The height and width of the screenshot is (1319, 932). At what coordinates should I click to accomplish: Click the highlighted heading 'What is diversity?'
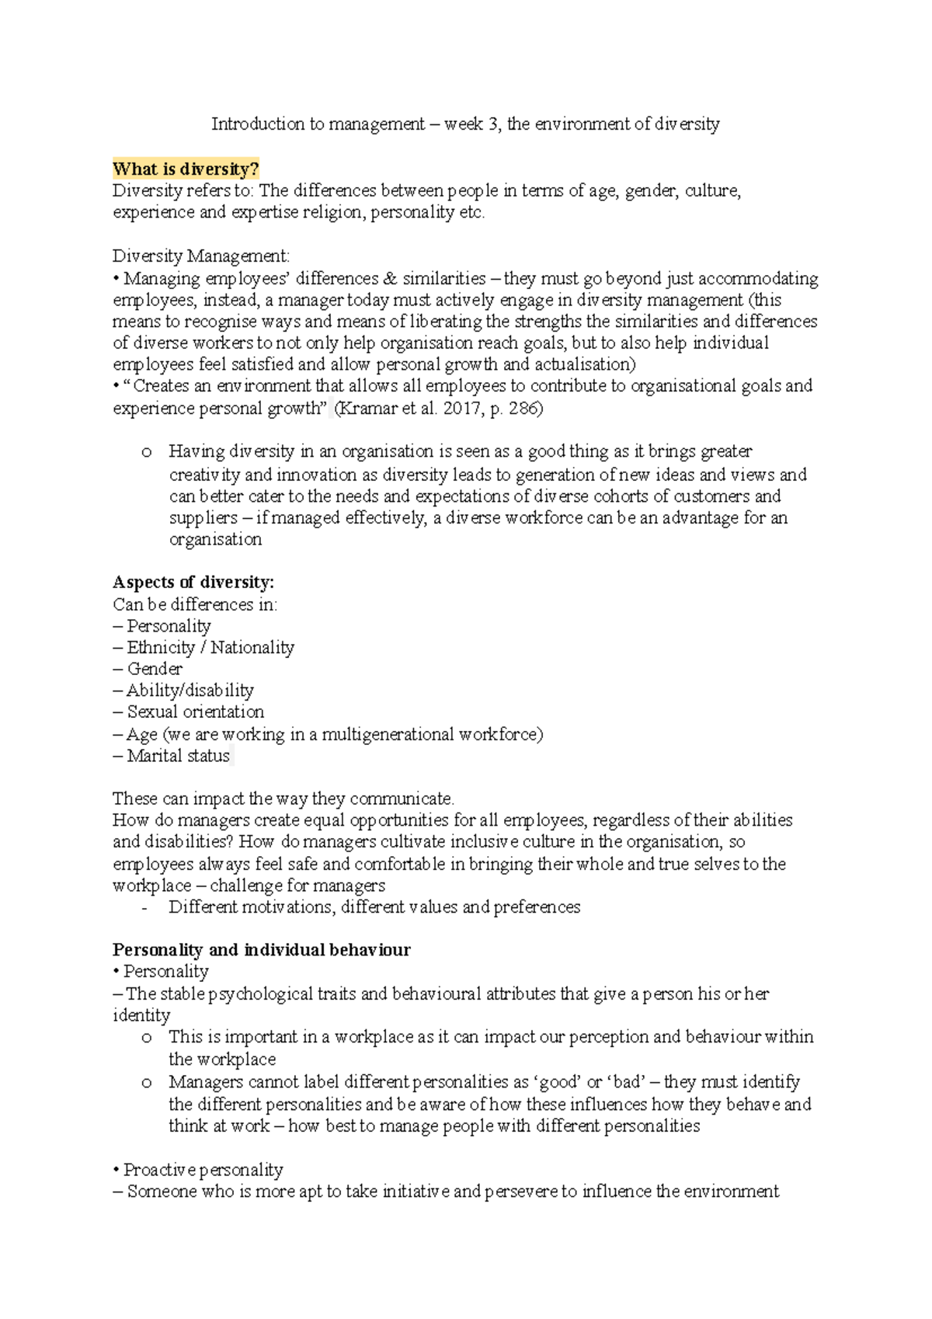(186, 169)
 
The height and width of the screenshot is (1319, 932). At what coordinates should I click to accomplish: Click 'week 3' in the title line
(472, 124)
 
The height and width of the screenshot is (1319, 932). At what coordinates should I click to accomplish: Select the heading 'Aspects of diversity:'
(193, 583)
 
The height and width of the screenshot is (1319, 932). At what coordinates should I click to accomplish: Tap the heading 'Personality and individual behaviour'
(261, 950)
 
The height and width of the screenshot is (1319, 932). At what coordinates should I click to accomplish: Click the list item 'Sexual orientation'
(195, 712)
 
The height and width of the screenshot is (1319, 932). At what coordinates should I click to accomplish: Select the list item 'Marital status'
(178, 756)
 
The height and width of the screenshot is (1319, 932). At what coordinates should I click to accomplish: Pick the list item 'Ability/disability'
(190, 691)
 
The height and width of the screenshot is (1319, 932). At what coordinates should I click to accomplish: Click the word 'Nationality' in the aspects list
(252, 648)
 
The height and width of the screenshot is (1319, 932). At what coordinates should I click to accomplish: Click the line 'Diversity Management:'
(201, 256)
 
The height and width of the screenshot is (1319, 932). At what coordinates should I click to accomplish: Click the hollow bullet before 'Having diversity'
(146, 452)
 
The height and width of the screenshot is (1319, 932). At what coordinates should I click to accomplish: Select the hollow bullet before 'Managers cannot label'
(146, 1083)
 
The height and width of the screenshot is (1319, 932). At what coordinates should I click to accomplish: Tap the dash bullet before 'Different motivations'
(144, 907)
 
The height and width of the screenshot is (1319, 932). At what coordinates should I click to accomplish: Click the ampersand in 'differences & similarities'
(390, 279)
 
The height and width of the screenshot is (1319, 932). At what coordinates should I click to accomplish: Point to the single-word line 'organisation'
(215, 540)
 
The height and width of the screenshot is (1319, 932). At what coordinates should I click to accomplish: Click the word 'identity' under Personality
(141, 1015)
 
